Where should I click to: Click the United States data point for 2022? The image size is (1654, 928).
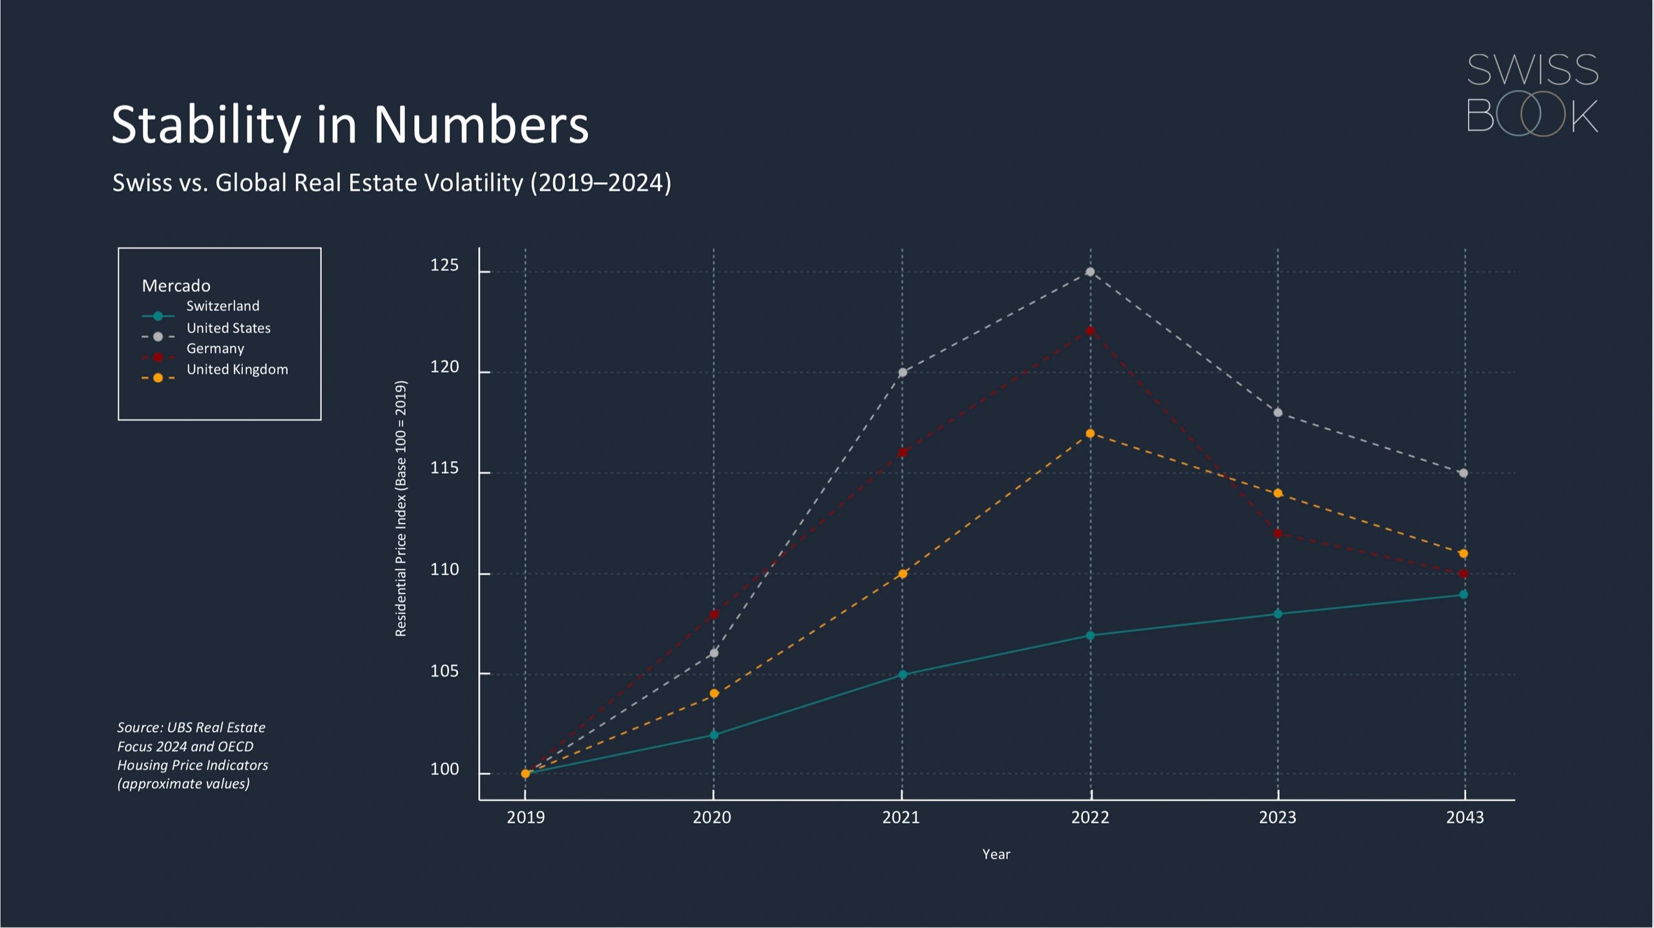coord(1090,272)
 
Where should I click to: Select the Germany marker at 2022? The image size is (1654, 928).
coord(1090,331)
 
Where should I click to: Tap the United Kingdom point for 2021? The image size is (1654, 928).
coord(903,574)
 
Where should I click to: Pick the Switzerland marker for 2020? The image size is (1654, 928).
coord(714,735)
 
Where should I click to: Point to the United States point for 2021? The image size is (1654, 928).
coord(903,372)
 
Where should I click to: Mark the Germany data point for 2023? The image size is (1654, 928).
coord(1277,534)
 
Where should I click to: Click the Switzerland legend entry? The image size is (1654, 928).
coord(222,306)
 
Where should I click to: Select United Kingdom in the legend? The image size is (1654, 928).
coord(236,370)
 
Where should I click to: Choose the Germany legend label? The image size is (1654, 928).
coord(215,349)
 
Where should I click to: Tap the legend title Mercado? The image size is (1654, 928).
coord(176,286)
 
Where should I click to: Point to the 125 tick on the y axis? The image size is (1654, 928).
coord(445,266)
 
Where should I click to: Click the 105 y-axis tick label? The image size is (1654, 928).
coord(445,671)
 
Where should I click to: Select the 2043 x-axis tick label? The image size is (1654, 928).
coord(1465,817)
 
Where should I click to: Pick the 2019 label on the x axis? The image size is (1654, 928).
coord(525,817)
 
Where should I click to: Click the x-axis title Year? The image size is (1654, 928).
coord(996,854)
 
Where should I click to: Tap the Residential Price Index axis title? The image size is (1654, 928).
coord(401,509)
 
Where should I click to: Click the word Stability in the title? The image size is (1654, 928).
coord(206,124)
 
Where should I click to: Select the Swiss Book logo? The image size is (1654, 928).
coord(1532,94)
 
